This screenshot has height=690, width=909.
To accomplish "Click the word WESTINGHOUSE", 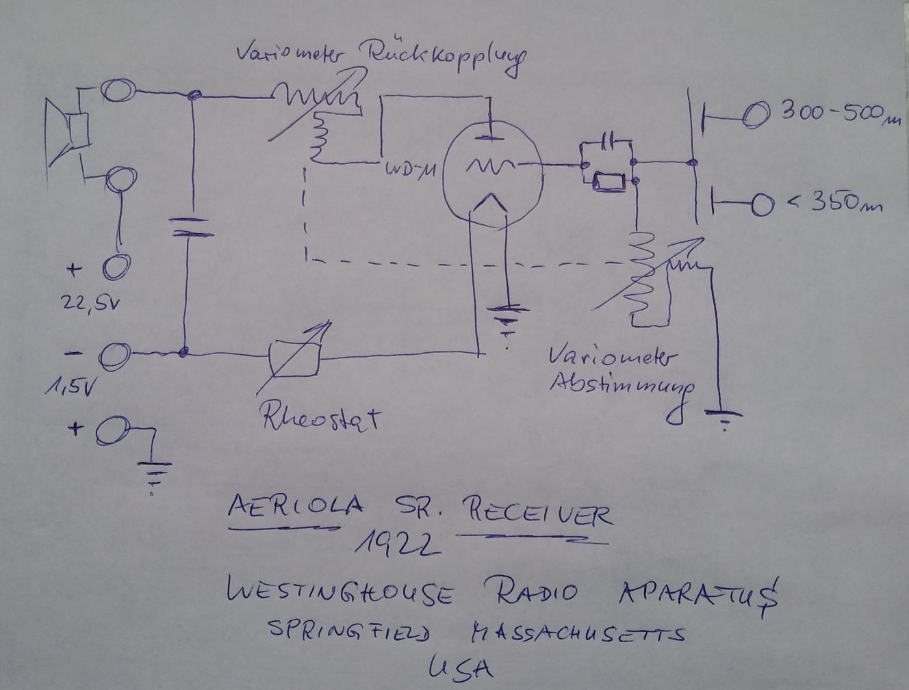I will tap(339, 592).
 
